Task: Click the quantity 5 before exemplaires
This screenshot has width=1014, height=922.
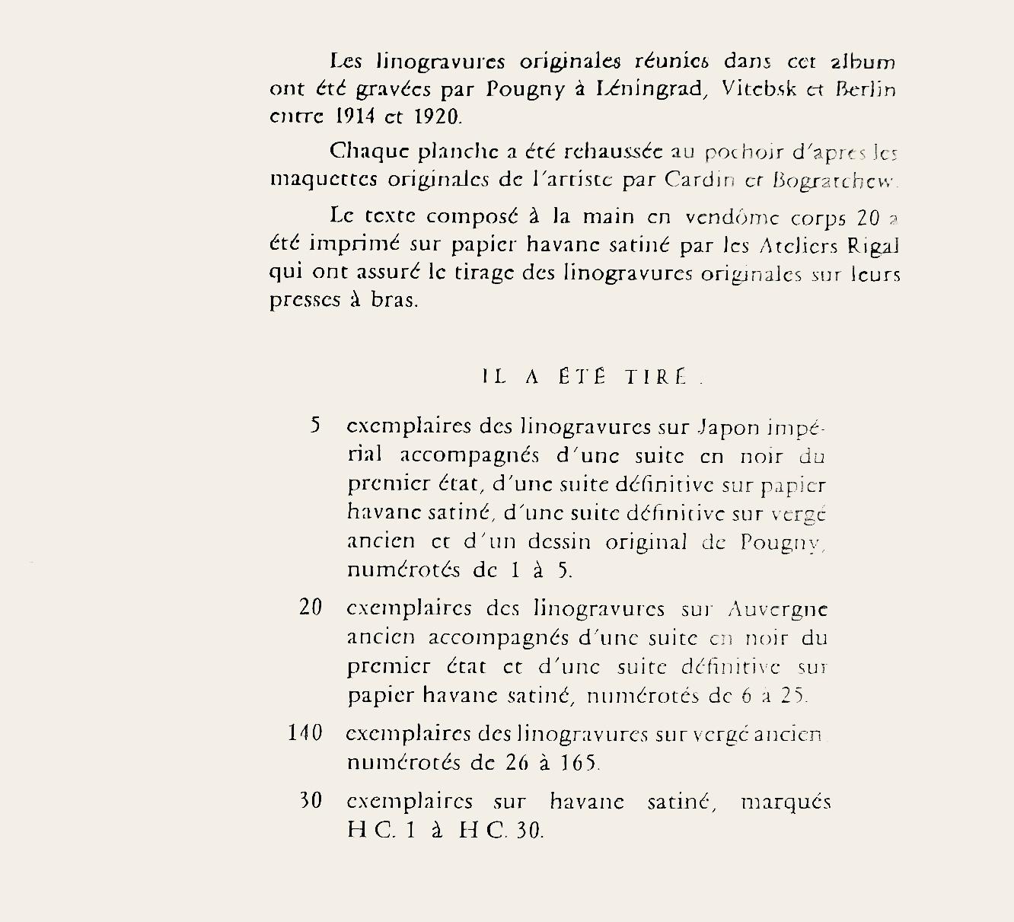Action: [x=315, y=426]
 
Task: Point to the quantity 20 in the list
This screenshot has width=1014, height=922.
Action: [x=311, y=608]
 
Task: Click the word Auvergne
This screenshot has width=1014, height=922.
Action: [x=777, y=610]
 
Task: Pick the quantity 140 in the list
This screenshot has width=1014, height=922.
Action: [x=305, y=733]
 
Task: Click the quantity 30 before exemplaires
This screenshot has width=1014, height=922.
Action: [x=311, y=801]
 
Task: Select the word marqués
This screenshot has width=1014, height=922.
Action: [x=786, y=802]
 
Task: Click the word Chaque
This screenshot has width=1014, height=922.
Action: [x=368, y=152]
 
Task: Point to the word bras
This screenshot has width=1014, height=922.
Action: [x=394, y=300]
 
